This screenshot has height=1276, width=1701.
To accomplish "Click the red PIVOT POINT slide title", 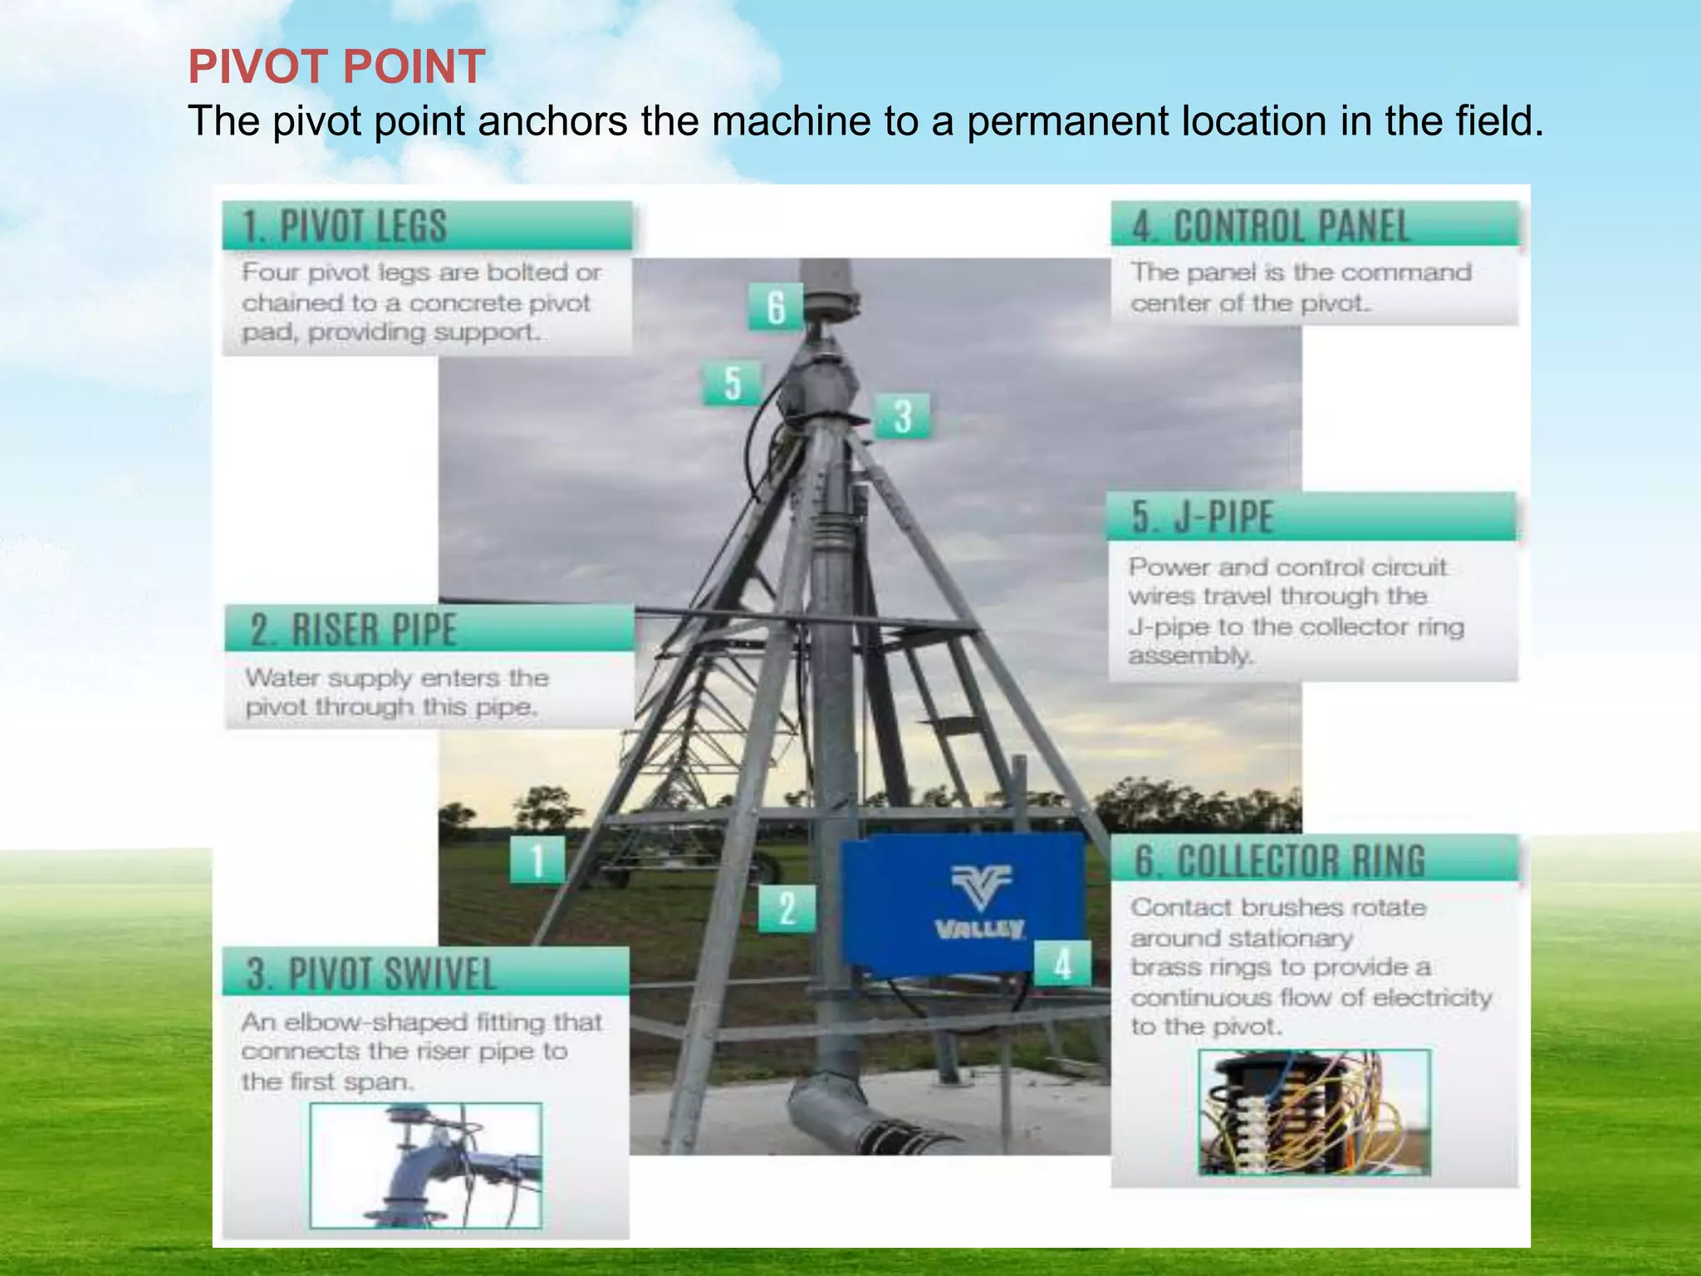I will (x=336, y=66).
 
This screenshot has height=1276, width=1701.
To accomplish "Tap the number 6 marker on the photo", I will (x=776, y=307).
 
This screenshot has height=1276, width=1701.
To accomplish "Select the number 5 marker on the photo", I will (x=732, y=383).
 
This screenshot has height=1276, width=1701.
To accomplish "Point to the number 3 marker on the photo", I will (x=903, y=416).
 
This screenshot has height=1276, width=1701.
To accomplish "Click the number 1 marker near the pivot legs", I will (x=537, y=860).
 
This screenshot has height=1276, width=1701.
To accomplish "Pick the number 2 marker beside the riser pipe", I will (x=787, y=908).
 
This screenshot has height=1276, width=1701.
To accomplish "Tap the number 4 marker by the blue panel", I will (x=1062, y=964).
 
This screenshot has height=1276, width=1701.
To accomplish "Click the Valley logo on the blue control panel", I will (x=981, y=902).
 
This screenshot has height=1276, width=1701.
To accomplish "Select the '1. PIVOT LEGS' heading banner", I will (x=427, y=226).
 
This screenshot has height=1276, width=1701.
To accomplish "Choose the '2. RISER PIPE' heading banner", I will (x=429, y=629).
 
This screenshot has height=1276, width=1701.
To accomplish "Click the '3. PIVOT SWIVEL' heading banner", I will (x=425, y=973).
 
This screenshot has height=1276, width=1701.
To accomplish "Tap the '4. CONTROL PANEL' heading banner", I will (x=1314, y=225).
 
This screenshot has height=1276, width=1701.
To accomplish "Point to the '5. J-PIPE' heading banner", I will (x=1311, y=517).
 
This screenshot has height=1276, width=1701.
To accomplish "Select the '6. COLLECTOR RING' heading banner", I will (x=1315, y=860).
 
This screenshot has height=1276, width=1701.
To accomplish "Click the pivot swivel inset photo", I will (x=425, y=1165).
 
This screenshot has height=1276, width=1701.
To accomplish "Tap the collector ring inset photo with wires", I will (x=1314, y=1112).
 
